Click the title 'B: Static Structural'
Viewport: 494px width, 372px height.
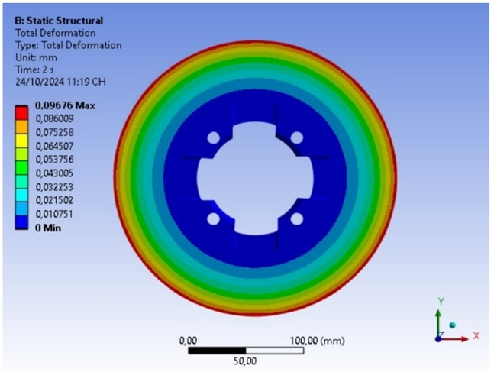(x=59, y=21)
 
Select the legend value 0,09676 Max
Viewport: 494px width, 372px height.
(x=65, y=105)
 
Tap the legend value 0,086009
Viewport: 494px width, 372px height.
(x=54, y=118)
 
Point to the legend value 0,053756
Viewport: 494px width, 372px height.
(x=54, y=160)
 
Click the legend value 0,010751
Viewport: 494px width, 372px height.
(x=54, y=215)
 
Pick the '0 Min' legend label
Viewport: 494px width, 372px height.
(x=48, y=228)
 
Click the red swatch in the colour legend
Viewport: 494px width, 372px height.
(x=21, y=113)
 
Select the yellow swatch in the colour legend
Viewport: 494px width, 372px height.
(x=21, y=141)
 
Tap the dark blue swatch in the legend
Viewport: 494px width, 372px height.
(x=21, y=222)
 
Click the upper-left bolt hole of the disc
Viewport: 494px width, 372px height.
(x=213, y=137)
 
